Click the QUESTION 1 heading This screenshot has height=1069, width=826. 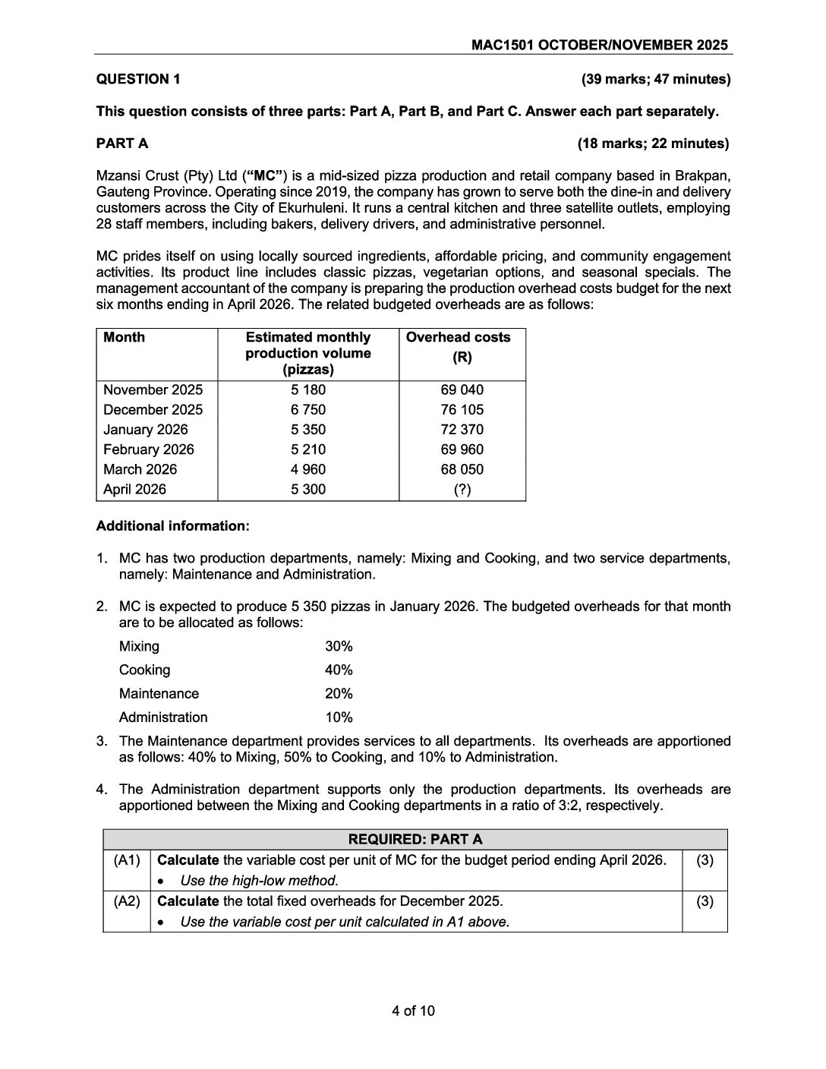coord(138,79)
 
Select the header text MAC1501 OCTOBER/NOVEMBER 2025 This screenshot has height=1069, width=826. coord(599,45)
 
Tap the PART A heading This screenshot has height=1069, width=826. coord(122,143)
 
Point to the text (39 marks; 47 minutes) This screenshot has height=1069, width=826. coord(655,79)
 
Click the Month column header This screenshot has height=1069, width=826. coord(124,337)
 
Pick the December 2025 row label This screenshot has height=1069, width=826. coord(153,410)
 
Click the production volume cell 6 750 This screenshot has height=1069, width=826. coord(308,410)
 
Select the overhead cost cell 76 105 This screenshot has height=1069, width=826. coord(462,410)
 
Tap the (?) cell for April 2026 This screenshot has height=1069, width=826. coord(462,490)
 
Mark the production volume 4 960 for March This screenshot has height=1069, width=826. coord(308,469)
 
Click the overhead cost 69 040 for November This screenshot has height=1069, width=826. coord(462,390)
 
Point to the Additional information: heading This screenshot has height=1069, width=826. coord(172,526)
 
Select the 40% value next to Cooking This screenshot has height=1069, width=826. coord(339,670)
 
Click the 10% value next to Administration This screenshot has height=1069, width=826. coord(339,717)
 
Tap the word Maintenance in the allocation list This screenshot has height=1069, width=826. coord(159,694)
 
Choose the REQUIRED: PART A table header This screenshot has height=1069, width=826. coord(415,839)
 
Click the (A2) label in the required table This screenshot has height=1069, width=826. coord(127,901)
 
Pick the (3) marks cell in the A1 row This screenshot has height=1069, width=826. coord(705,860)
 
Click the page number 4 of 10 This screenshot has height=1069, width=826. coord(413,1011)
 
